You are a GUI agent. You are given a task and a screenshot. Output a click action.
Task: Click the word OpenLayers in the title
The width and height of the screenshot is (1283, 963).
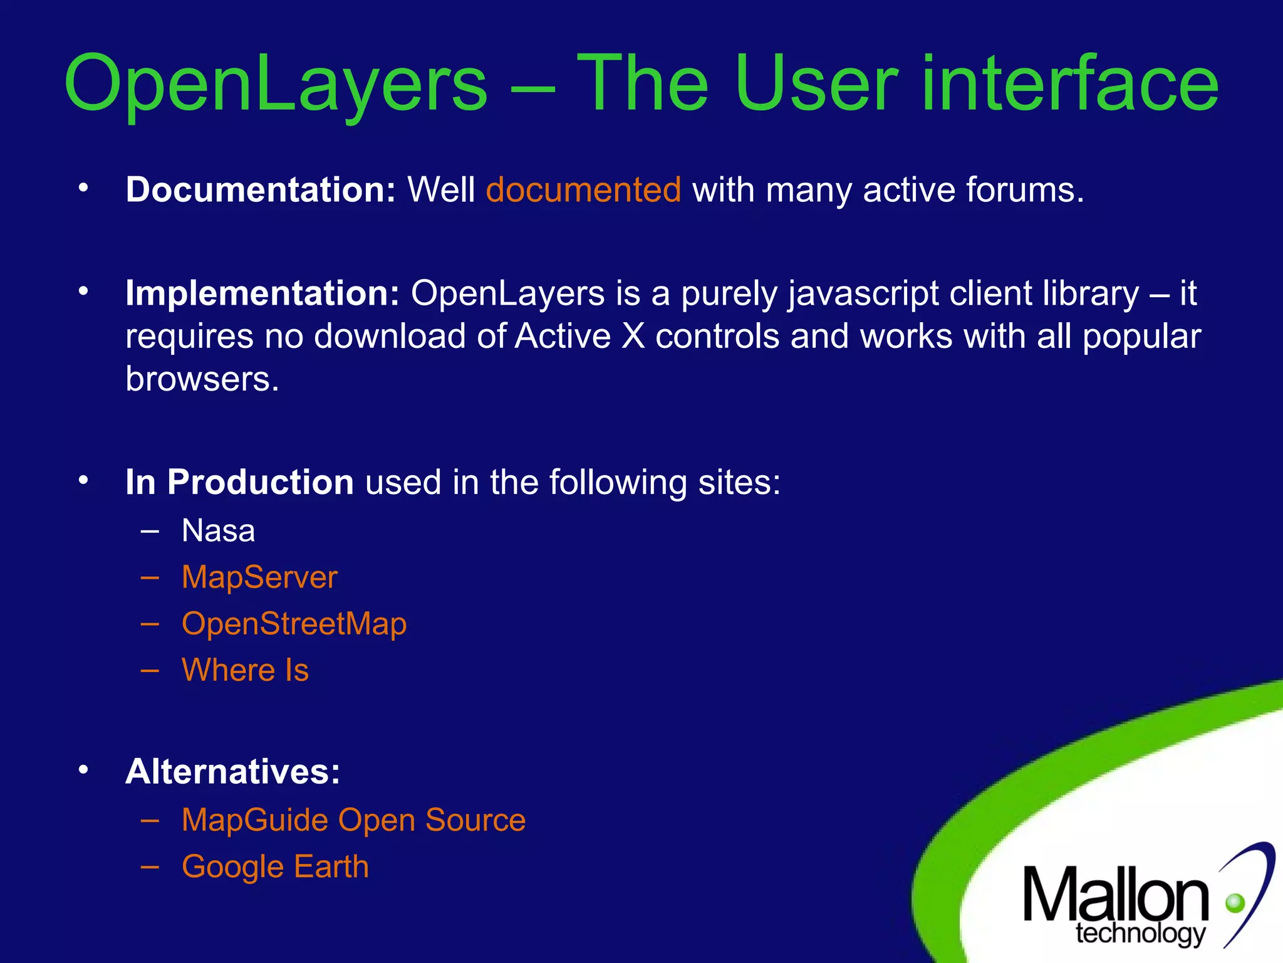pyautogui.click(x=276, y=85)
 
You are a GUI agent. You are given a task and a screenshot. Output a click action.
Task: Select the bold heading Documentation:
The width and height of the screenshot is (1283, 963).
pyautogui.click(x=261, y=189)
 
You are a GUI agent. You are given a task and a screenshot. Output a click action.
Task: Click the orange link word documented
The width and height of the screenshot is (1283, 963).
pyautogui.click(x=583, y=189)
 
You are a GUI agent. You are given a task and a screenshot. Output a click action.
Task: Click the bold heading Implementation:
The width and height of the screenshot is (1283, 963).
pyautogui.click(x=262, y=293)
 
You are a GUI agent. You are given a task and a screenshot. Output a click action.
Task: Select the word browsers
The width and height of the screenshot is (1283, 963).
pyautogui.click(x=202, y=379)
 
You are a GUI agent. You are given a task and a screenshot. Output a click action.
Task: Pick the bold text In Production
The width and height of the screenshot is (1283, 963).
pyautogui.click(x=239, y=482)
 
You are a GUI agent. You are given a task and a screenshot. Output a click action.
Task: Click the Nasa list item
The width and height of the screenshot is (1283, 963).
pyautogui.click(x=218, y=531)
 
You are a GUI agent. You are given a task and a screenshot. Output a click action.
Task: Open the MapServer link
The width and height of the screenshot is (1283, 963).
pyautogui.click(x=259, y=577)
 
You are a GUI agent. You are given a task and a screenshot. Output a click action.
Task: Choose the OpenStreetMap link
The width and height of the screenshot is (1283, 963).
pyautogui.click(x=294, y=624)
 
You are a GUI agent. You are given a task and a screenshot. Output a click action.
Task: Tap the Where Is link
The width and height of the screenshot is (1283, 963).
pyautogui.click(x=245, y=670)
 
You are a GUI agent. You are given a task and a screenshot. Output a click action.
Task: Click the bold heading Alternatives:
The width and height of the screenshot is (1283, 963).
pyautogui.click(x=232, y=771)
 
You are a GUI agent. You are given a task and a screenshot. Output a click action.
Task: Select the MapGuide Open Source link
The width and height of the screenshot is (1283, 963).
pyautogui.click(x=353, y=820)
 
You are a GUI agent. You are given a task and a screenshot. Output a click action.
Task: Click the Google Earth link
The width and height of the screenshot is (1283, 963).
pyautogui.click(x=275, y=867)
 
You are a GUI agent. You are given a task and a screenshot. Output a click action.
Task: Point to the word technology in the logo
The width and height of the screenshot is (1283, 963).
pyautogui.click(x=1140, y=934)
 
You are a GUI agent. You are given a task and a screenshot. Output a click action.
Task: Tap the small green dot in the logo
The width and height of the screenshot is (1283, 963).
pyautogui.click(x=1235, y=903)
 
